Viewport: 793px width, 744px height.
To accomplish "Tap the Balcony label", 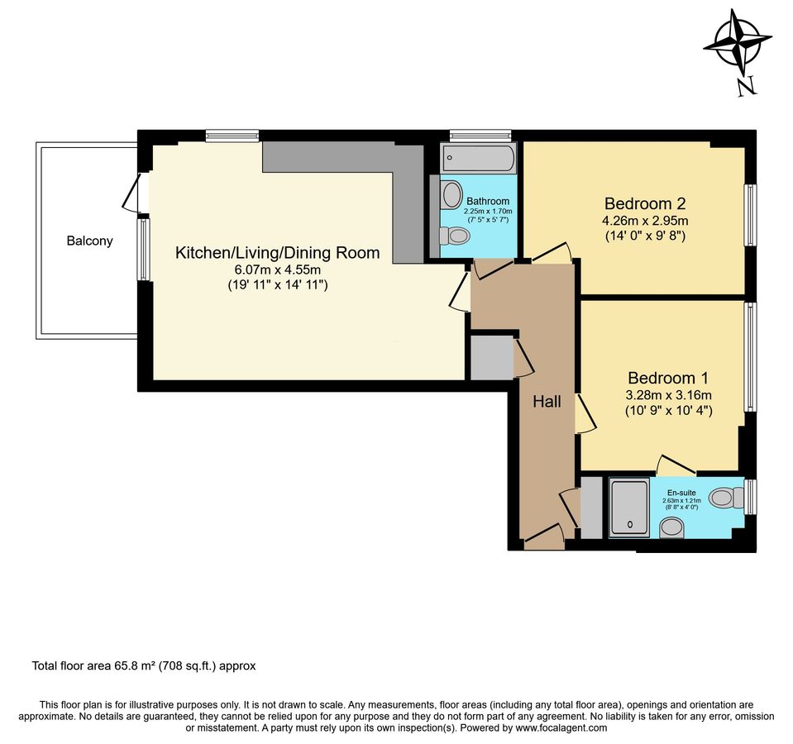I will pos(90,241).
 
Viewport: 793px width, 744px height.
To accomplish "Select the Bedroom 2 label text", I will pos(645,203).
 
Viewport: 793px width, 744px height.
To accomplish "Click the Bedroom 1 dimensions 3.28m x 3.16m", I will pos(669,394).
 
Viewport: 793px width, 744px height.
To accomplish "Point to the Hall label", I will pos(547,402).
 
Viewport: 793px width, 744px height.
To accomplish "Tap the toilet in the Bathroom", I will pos(454,236).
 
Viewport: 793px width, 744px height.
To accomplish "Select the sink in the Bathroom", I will pos(451,195).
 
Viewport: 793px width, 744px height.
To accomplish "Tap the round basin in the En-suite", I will pos(671,527).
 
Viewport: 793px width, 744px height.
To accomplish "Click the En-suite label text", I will pos(681,492).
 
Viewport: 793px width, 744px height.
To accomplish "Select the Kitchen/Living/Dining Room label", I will pos(277,253).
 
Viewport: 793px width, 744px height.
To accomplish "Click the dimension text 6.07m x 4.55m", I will pos(277,269).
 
